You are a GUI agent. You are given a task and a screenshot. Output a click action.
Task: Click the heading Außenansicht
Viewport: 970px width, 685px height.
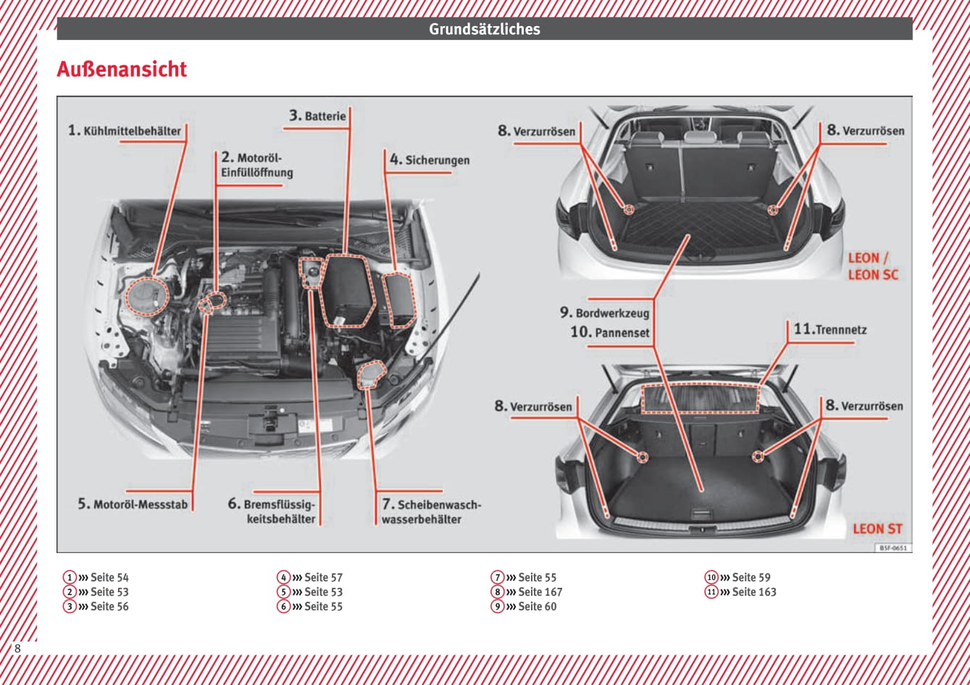(122, 70)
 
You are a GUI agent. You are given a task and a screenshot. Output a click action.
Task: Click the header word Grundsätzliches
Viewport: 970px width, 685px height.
(484, 29)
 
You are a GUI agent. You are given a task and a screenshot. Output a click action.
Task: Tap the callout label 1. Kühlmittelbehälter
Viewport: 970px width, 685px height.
(125, 131)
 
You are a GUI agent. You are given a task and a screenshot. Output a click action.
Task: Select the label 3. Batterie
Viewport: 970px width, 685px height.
(317, 116)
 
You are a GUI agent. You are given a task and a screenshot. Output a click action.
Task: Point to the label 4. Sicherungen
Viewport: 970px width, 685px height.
(430, 160)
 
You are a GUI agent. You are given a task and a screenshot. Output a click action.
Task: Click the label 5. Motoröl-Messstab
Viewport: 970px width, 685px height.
(133, 505)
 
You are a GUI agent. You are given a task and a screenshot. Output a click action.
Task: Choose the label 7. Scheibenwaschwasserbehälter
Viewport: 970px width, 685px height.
(431, 512)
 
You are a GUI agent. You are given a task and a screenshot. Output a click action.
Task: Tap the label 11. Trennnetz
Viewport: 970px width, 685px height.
(830, 330)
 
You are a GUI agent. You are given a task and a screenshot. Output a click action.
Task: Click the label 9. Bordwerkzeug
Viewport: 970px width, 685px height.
(604, 313)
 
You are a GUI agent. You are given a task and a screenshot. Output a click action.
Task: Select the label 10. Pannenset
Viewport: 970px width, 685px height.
(609, 333)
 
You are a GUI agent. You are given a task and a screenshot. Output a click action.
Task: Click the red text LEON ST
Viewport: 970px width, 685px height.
(877, 529)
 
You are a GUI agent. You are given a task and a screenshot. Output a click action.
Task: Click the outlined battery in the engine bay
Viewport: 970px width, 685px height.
(348, 290)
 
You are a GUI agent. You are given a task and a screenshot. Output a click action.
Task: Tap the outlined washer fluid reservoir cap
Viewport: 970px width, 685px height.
(372, 374)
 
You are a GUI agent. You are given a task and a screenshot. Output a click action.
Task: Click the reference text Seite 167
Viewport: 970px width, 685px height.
(540, 592)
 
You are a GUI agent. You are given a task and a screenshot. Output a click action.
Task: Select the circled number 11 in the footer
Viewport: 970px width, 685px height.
(711, 592)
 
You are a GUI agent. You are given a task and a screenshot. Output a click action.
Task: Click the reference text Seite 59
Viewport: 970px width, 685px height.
(751, 578)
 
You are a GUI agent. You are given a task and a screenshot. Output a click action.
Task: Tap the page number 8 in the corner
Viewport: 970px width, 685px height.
(17, 649)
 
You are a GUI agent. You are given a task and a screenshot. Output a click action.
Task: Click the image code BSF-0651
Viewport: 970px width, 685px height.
(893, 548)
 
